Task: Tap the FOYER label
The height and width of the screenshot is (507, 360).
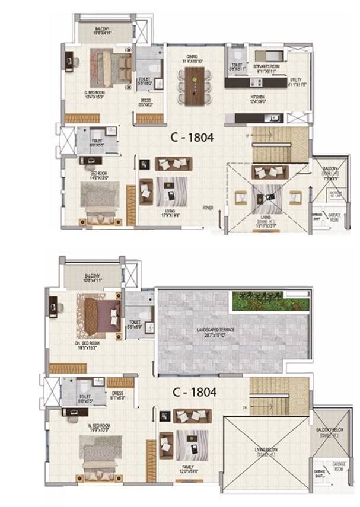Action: [208, 208]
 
